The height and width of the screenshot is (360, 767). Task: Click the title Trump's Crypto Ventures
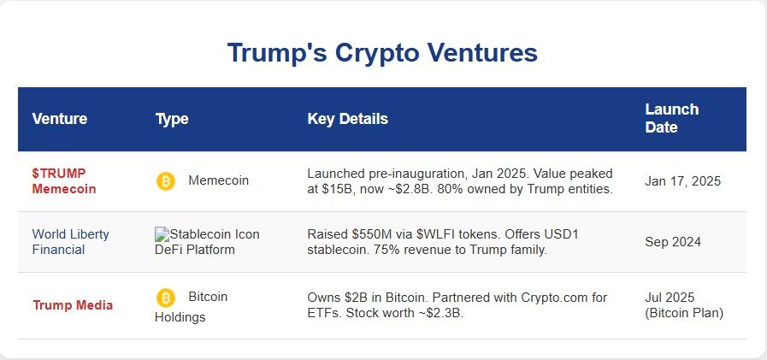coord(382,53)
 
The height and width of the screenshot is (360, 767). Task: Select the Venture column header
coord(59,119)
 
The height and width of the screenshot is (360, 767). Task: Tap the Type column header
coord(172,119)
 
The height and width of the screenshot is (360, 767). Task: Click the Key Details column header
coord(347,119)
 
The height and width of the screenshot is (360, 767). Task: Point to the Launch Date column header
coord(671,119)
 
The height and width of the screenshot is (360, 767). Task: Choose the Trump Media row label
coord(73,305)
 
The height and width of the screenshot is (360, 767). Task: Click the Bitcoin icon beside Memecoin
coord(165,181)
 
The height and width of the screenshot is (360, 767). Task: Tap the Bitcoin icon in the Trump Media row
coord(165,298)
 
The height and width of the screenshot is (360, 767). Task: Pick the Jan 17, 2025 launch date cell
coord(682,181)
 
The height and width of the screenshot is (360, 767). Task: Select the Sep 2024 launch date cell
coord(673,242)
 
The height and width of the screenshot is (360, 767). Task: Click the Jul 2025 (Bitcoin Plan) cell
coord(684,305)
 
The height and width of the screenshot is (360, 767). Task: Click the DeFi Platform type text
coord(195,250)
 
